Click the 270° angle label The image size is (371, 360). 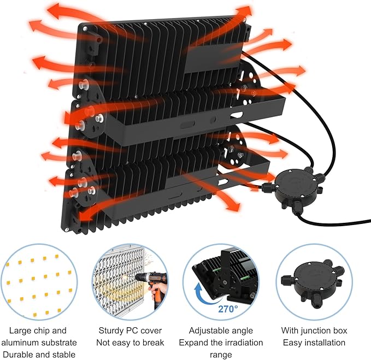click(228, 309)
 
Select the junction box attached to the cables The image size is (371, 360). click(293, 187)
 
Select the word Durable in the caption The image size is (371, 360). click(17, 355)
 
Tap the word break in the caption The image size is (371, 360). click(154, 343)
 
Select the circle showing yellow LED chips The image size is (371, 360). click(39, 282)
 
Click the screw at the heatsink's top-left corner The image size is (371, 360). click(85, 29)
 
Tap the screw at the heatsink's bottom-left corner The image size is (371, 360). click(67, 229)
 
